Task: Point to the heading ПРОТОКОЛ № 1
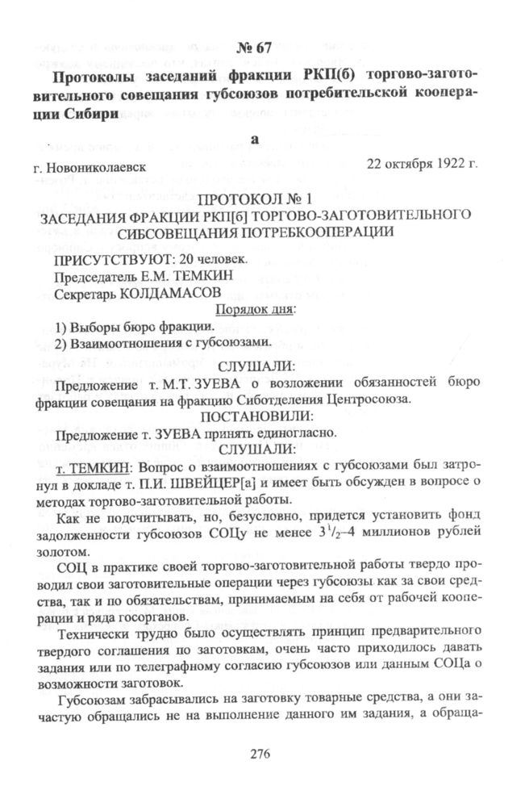[265, 199]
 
